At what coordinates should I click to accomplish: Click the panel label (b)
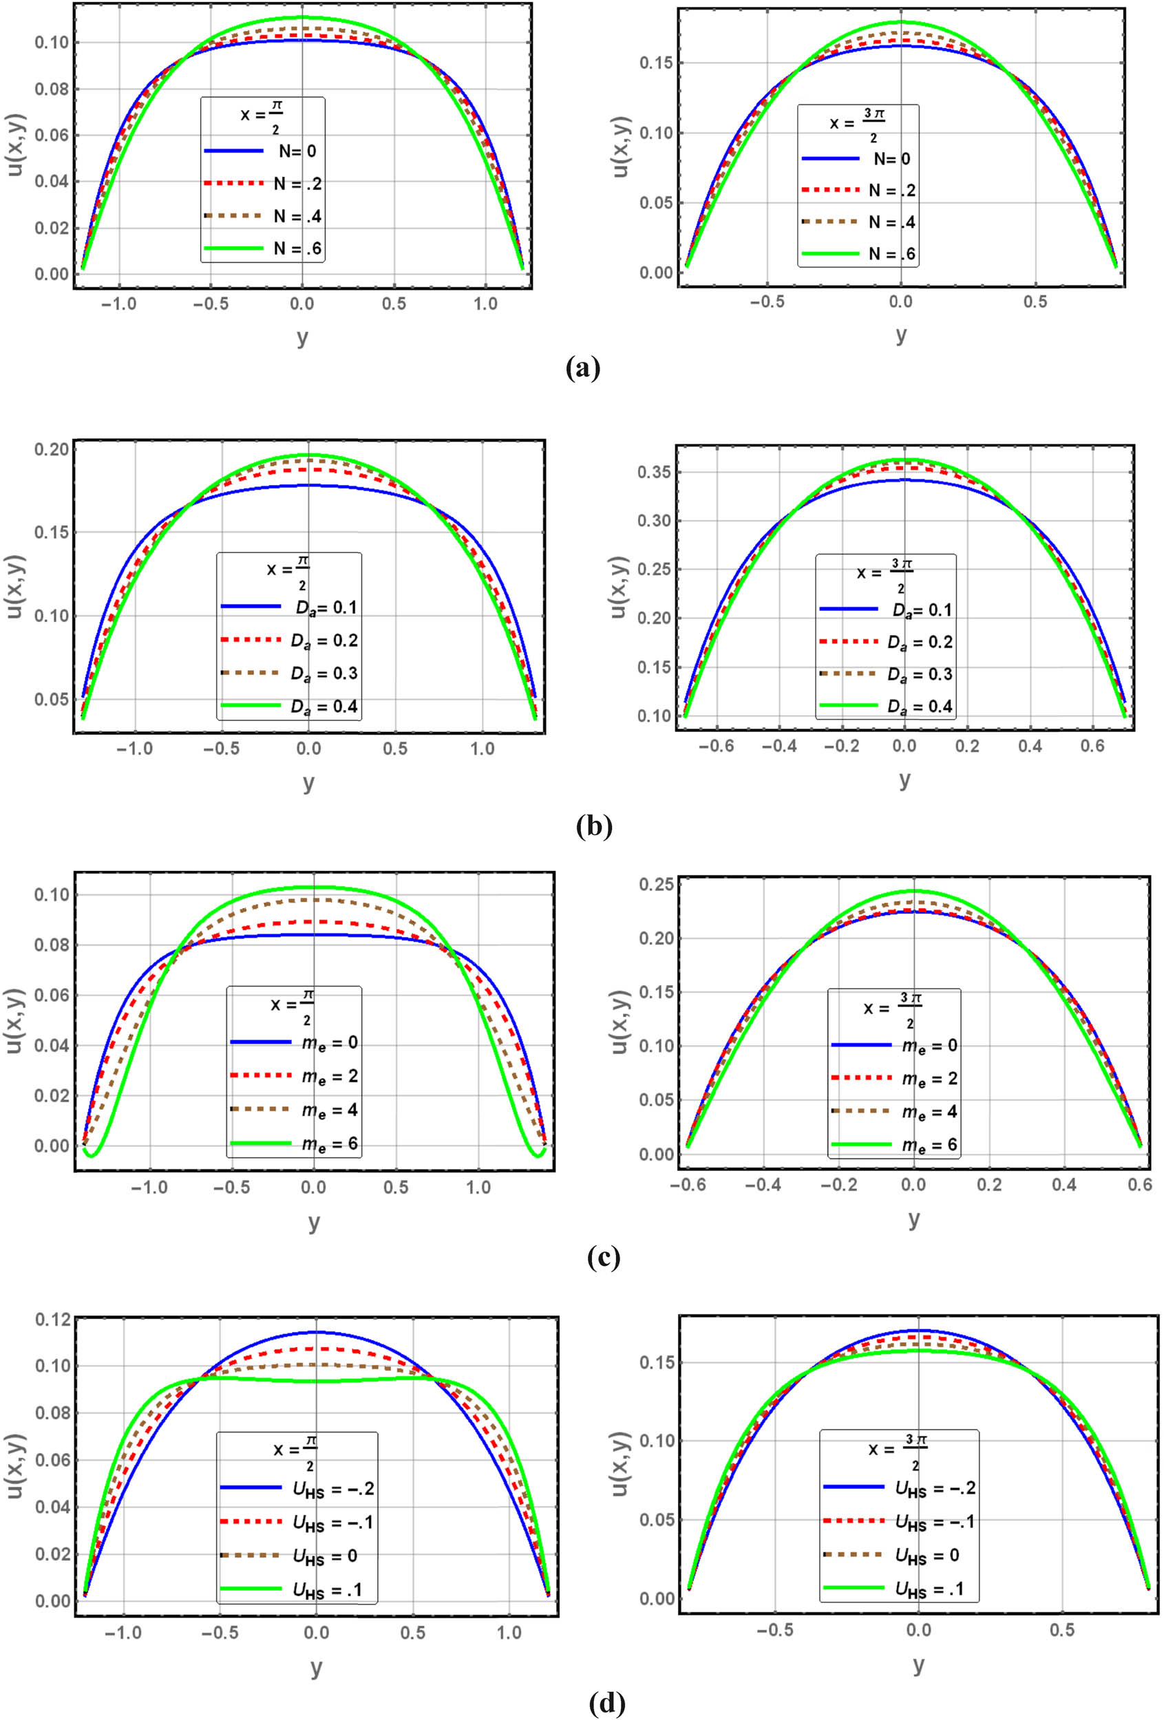[594, 825]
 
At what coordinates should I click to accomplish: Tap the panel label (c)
[603, 1258]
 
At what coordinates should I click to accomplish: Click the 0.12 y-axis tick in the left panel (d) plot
[52, 1320]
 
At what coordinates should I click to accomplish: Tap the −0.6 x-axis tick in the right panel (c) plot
[688, 1185]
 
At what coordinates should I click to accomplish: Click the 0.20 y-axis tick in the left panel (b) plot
[52, 449]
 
